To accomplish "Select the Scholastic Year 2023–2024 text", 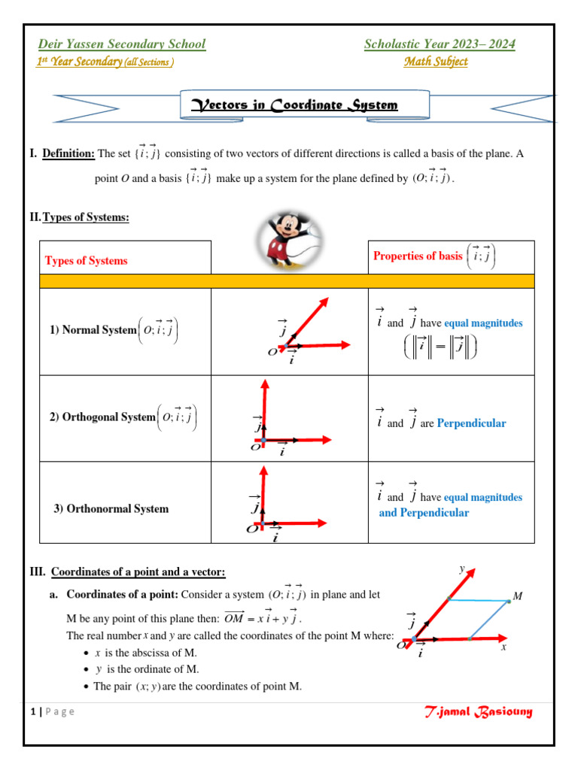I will [440, 44].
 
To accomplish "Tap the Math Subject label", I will [435, 62].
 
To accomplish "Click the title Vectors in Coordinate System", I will [305, 105].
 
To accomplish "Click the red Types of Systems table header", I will [86, 261].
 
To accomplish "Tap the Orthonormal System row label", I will [111, 508].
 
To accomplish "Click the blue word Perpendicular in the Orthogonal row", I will [471, 423].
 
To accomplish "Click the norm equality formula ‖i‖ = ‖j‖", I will [440, 347].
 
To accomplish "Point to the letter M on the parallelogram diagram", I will [517, 596].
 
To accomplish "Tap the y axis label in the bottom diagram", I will [462, 569].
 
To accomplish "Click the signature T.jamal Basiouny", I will [478, 711].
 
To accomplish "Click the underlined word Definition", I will [68, 153].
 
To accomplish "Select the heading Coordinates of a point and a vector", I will [138, 572].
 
